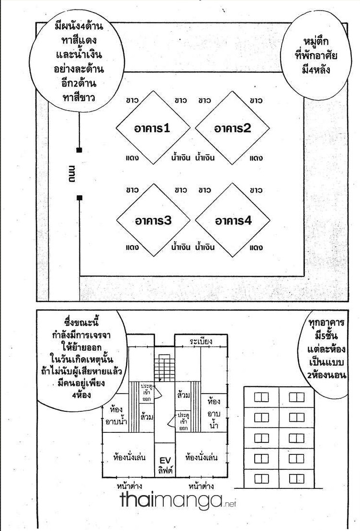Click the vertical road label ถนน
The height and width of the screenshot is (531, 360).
(72, 174)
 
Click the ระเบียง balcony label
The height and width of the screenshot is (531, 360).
(201, 341)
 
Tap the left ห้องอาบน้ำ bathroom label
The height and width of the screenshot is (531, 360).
(116, 416)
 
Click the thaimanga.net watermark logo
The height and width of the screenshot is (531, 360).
(178, 500)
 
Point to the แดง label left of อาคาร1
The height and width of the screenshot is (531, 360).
(132, 158)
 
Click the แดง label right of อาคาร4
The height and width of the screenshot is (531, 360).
(256, 248)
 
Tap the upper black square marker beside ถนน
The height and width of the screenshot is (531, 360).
(79, 150)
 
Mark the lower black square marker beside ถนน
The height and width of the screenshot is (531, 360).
(79, 198)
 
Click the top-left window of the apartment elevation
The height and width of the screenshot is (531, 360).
(261, 397)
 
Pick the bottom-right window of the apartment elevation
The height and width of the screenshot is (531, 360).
(296, 479)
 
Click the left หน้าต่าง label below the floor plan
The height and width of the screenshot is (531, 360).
(130, 486)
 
